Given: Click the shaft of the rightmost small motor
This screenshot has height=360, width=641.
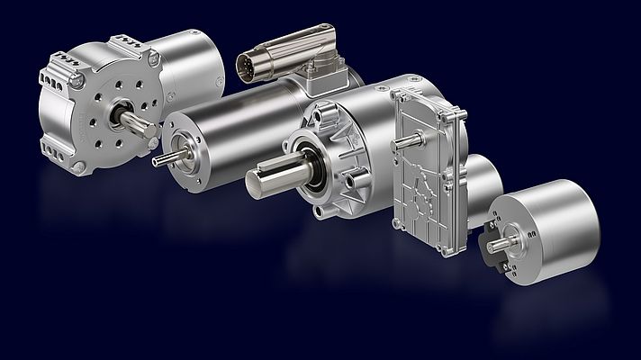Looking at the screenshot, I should click(x=497, y=244).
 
